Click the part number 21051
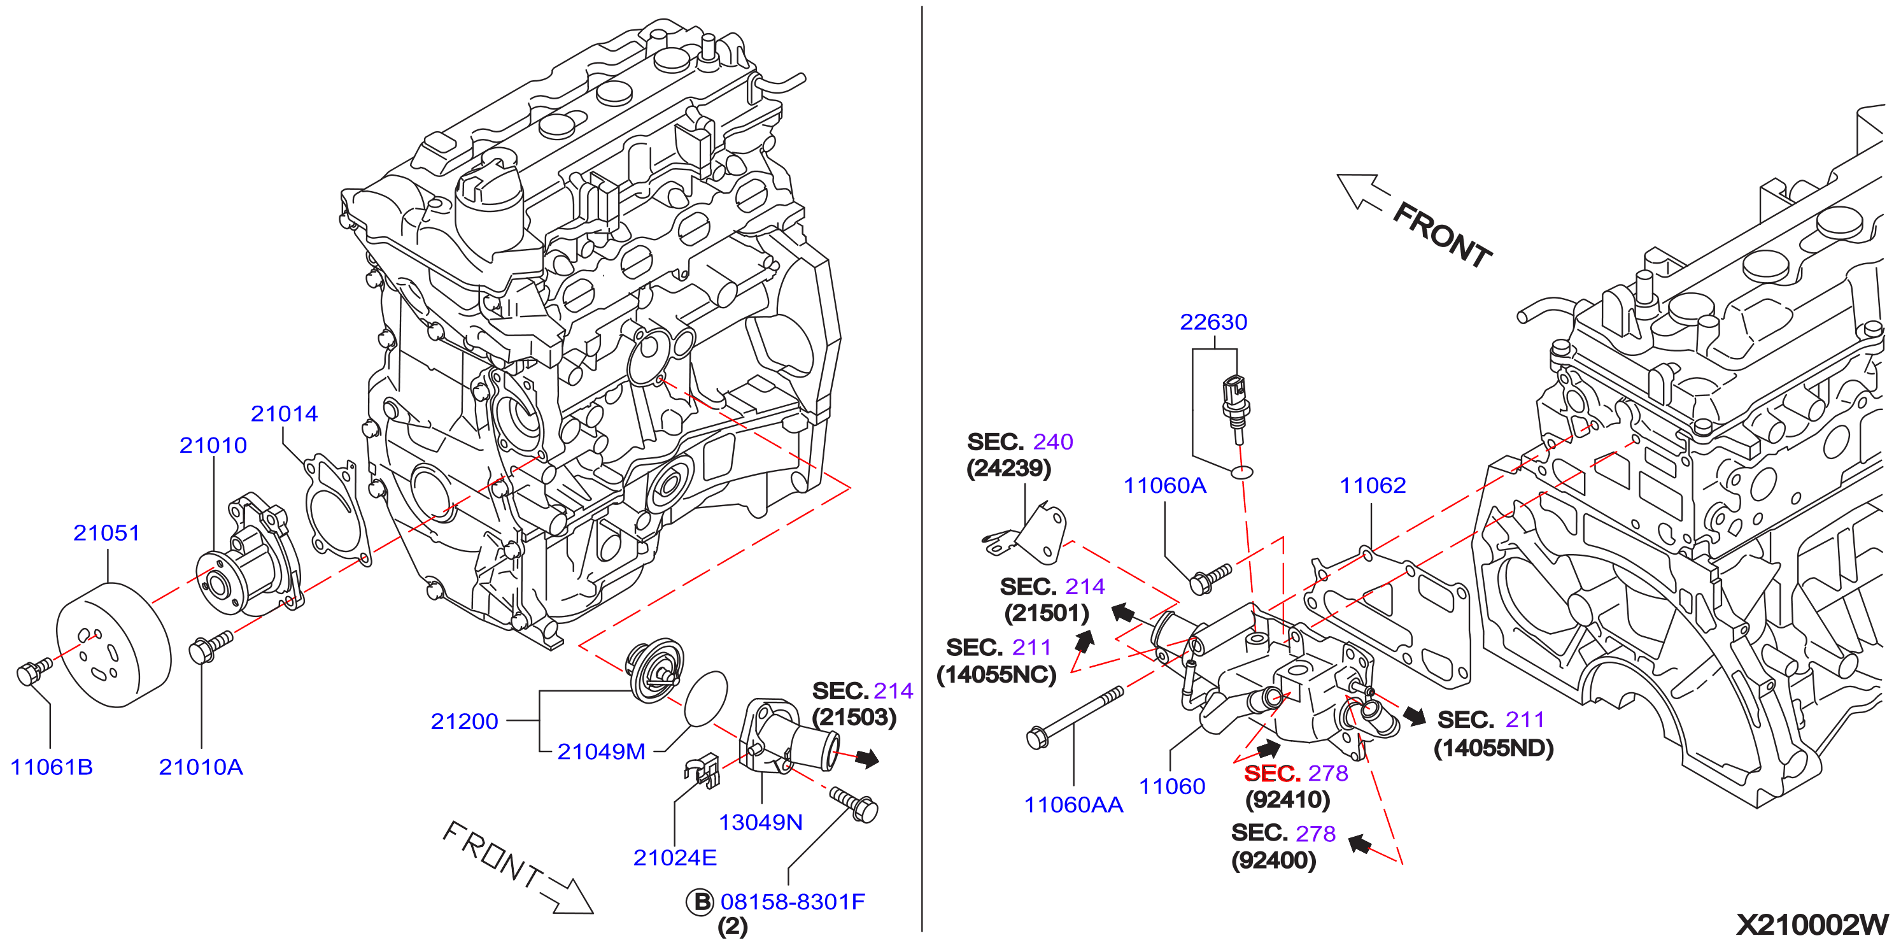point(106,532)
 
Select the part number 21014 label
point(284,413)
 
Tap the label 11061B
point(52,767)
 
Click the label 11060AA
point(1074,805)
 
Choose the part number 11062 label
point(1373,485)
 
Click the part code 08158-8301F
point(793,902)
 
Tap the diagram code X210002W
point(1812,925)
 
